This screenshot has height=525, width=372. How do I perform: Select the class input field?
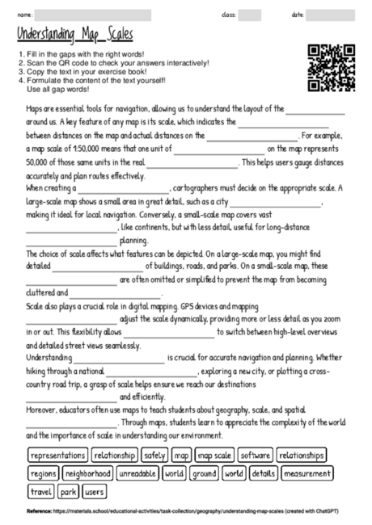(250, 15)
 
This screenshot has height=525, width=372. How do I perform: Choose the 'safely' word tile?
(154, 455)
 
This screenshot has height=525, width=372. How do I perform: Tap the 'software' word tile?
(256, 455)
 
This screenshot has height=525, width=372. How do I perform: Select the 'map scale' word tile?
(214, 455)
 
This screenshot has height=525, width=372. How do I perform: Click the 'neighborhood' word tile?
(87, 472)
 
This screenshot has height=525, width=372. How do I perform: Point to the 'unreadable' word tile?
(137, 472)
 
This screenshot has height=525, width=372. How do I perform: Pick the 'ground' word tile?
(205, 472)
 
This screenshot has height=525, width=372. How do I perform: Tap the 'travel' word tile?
(40, 490)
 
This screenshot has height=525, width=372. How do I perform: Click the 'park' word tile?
(69, 490)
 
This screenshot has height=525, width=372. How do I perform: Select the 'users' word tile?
(94, 490)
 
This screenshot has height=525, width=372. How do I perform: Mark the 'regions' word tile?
(43, 472)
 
